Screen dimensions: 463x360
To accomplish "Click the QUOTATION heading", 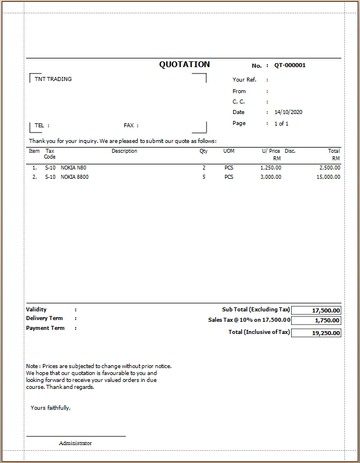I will pos(185,65).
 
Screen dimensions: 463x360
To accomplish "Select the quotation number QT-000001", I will pos(290,65).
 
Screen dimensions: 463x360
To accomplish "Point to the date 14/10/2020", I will pos(289,112).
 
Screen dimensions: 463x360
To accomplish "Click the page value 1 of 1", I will pos(281,123).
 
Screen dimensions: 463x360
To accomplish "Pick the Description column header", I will pos(124,151).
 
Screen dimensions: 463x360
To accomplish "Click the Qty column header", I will pos(204,151).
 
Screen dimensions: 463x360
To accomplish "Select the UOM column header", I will pos(229,151).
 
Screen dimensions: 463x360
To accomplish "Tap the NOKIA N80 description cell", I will pos(74,168).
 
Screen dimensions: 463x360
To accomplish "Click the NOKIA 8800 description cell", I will pos(75,177).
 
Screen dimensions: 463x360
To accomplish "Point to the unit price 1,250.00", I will pos(271,168).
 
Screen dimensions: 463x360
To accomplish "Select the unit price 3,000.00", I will pos(271,177).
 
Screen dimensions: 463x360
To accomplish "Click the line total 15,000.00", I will pos(328,177).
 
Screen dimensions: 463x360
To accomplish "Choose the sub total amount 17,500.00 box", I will pos(316,311).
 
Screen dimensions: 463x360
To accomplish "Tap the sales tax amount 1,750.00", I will pos(316,321).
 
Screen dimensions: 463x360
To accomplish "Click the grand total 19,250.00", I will pos(316,333).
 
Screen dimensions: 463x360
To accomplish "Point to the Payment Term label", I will pos(45,328).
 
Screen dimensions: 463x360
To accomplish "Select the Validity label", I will pos(36,310).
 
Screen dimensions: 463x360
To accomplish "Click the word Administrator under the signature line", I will pos(75,443).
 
